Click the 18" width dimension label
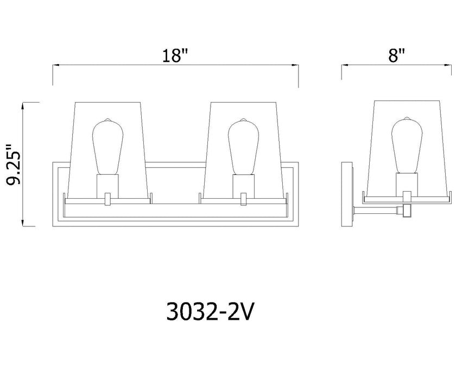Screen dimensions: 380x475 tap(175, 55)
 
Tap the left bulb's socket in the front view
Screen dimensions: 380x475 tap(107, 185)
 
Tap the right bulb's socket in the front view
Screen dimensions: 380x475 tap(243, 185)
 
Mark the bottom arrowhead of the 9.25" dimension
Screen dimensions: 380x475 tap(22, 223)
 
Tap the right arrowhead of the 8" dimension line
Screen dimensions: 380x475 tap(450, 65)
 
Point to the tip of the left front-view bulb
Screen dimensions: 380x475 tap(107, 119)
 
